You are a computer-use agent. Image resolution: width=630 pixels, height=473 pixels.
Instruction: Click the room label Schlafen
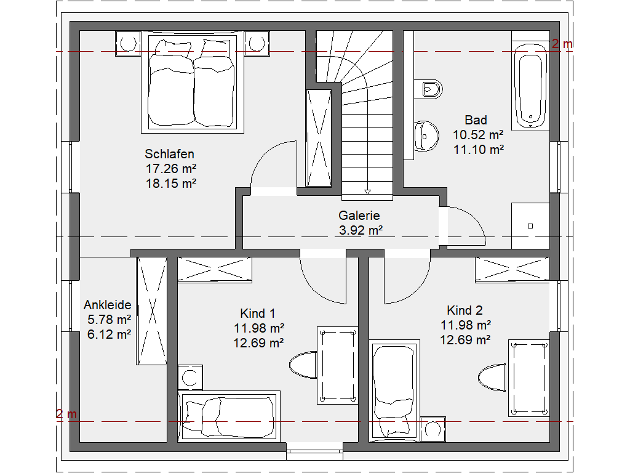pyautogui.click(x=169, y=154)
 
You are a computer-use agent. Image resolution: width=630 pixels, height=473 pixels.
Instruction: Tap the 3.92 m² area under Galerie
pyautogui.click(x=361, y=230)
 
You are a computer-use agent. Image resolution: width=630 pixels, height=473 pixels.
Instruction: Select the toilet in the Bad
pyautogui.click(x=428, y=89)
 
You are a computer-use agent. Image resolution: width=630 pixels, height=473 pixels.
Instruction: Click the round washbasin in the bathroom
pyautogui.click(x=426, y=136)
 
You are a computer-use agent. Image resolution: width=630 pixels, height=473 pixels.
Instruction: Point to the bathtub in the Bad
pyautogui.click(x=530, y=85)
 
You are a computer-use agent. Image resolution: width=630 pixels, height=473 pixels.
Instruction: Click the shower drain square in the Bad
pyautogui.click(x=530, y=226)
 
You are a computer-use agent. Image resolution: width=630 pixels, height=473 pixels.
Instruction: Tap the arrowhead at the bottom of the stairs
pyautogui.click(x=367, y=192)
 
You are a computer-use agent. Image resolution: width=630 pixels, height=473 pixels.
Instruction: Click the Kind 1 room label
pyautogui.click(x=258, y=313)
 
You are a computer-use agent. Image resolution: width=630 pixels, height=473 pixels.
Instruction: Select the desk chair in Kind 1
pyautogui.click(x=303, y=365)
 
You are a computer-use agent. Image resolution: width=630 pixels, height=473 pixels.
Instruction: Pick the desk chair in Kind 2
pyautogui.click(x=492, y=378)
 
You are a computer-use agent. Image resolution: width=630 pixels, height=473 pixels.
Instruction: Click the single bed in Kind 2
pyautogui.click(x=394, y=390)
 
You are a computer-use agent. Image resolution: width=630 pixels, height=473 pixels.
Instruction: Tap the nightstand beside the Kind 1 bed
pyautogui.click(x=190, y=378)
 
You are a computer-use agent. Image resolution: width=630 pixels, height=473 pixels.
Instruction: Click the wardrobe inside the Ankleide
pyautogui.click(x=152, y=311)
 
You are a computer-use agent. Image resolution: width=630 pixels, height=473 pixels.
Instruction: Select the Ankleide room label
pyautogui.click(x=107, y=305)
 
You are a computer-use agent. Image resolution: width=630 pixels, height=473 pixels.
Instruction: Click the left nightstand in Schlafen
pyautogui.click(x=128, y=44)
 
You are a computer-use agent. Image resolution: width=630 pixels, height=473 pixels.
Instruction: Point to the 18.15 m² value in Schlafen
pyautogui.click(x=171, y=184)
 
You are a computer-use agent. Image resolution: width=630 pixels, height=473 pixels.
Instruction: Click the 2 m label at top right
pyautogui.click(x=562, y=44)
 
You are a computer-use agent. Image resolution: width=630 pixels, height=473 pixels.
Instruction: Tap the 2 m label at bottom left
pyautogui.click(x=66, y=413)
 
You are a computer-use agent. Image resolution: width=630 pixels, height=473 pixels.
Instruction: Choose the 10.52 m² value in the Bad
pyautogui.click(x=478, y=135)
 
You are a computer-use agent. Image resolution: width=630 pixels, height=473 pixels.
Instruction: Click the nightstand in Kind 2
pyautogui.click(x=433, y=429)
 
